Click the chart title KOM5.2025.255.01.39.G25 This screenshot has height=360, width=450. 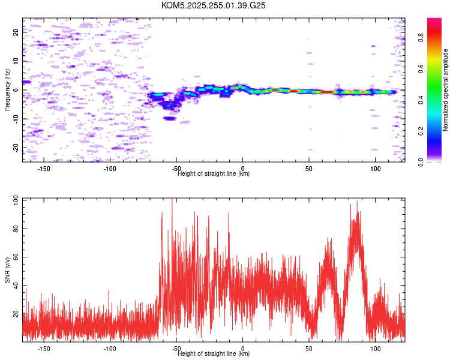tap(213, 5)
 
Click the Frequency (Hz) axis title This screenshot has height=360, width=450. tap(7, 90)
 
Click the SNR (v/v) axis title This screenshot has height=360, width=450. tap(7, 270)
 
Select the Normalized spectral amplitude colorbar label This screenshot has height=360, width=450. tap(445, 90)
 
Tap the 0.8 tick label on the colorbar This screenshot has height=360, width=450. tap(421, 37)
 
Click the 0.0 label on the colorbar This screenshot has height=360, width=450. tap(421, 162)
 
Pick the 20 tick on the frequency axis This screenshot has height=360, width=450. tap(16, 32)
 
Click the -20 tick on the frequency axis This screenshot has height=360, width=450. tap(16, 148)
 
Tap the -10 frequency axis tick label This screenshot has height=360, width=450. tap(16, 119)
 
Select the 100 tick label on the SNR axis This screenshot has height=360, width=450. tap(16, 200)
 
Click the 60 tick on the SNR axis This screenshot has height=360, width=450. tap(16, 257)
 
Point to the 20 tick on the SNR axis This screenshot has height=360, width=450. tap(16, 314)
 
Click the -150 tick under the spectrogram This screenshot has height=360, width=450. tap(44, 169)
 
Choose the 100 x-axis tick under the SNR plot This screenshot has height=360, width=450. tap(375, 349)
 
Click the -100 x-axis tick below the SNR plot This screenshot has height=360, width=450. tap(110, 349)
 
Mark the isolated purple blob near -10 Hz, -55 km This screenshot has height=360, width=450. tap(169, 118)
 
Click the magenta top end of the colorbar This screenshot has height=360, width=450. tap(434, 20)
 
